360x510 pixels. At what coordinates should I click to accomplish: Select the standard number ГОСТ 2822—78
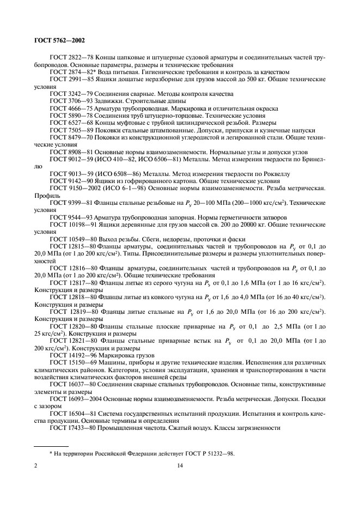67,57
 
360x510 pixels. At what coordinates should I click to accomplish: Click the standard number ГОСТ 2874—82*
68,72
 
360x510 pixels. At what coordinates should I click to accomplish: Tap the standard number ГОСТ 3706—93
67,101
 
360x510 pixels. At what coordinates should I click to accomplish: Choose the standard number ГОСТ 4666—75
67,108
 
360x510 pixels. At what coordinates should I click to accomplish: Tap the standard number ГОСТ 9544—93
67,217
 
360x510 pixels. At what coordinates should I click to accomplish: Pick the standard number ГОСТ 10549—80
69,239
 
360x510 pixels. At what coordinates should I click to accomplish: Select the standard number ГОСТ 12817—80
69,282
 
